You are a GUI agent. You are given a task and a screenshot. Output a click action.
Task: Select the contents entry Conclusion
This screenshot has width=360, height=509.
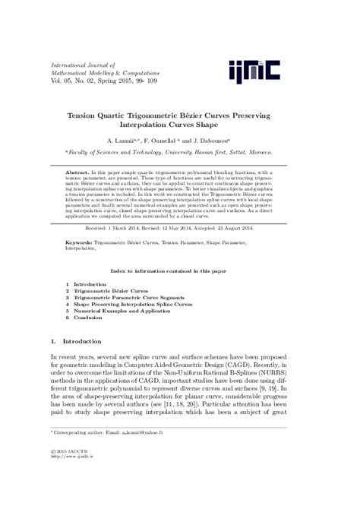[x=90, y=318]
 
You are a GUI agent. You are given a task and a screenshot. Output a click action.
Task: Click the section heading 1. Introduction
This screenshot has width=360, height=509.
[x=75, y=342]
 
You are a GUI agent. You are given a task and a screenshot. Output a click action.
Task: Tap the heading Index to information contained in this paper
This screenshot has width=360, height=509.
[x=179, y=270]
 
